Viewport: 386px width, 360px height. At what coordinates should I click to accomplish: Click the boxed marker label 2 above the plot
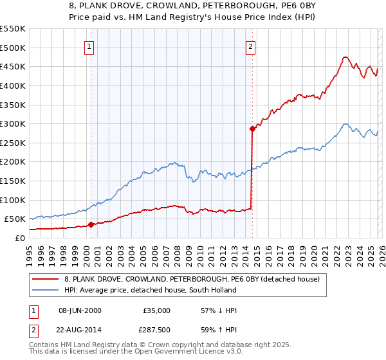[x=250, y=46]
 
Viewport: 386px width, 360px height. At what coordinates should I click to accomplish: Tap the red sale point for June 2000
[x=91, y=224]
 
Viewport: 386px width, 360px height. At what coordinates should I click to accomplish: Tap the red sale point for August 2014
[x=253, y=129]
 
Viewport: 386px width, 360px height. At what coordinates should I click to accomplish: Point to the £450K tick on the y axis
[x=13, y=66]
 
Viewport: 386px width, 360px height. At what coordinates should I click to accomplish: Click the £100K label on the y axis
[x=13, y=200]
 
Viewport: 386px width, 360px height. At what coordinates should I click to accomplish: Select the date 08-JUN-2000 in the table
[x=80, y=310]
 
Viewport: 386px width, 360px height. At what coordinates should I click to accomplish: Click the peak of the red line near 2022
[x=345, y=57]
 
